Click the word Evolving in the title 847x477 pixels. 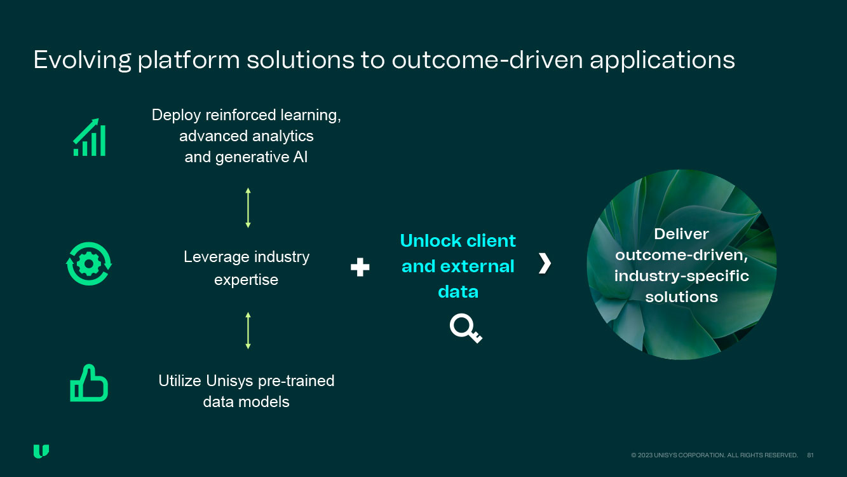(83, 60)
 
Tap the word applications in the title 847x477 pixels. (662, 60)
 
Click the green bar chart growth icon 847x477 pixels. (89, 137)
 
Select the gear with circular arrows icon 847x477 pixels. (89, 264)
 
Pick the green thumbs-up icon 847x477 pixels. (89, 383)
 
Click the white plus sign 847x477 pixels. (360, 267)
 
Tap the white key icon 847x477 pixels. (466, 328)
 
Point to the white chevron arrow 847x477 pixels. (545, 263)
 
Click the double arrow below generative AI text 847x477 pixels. (248, 208)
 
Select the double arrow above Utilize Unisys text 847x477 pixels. (248, 331)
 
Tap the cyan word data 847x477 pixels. (458, 292)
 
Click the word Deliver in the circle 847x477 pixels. (681, 234)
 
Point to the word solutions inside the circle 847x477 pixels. (681, 297)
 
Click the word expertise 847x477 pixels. (246, 280)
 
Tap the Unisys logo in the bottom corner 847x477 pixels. (41, 452)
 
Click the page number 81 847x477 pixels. (810, 455)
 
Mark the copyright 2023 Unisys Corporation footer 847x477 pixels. (714, 455)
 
